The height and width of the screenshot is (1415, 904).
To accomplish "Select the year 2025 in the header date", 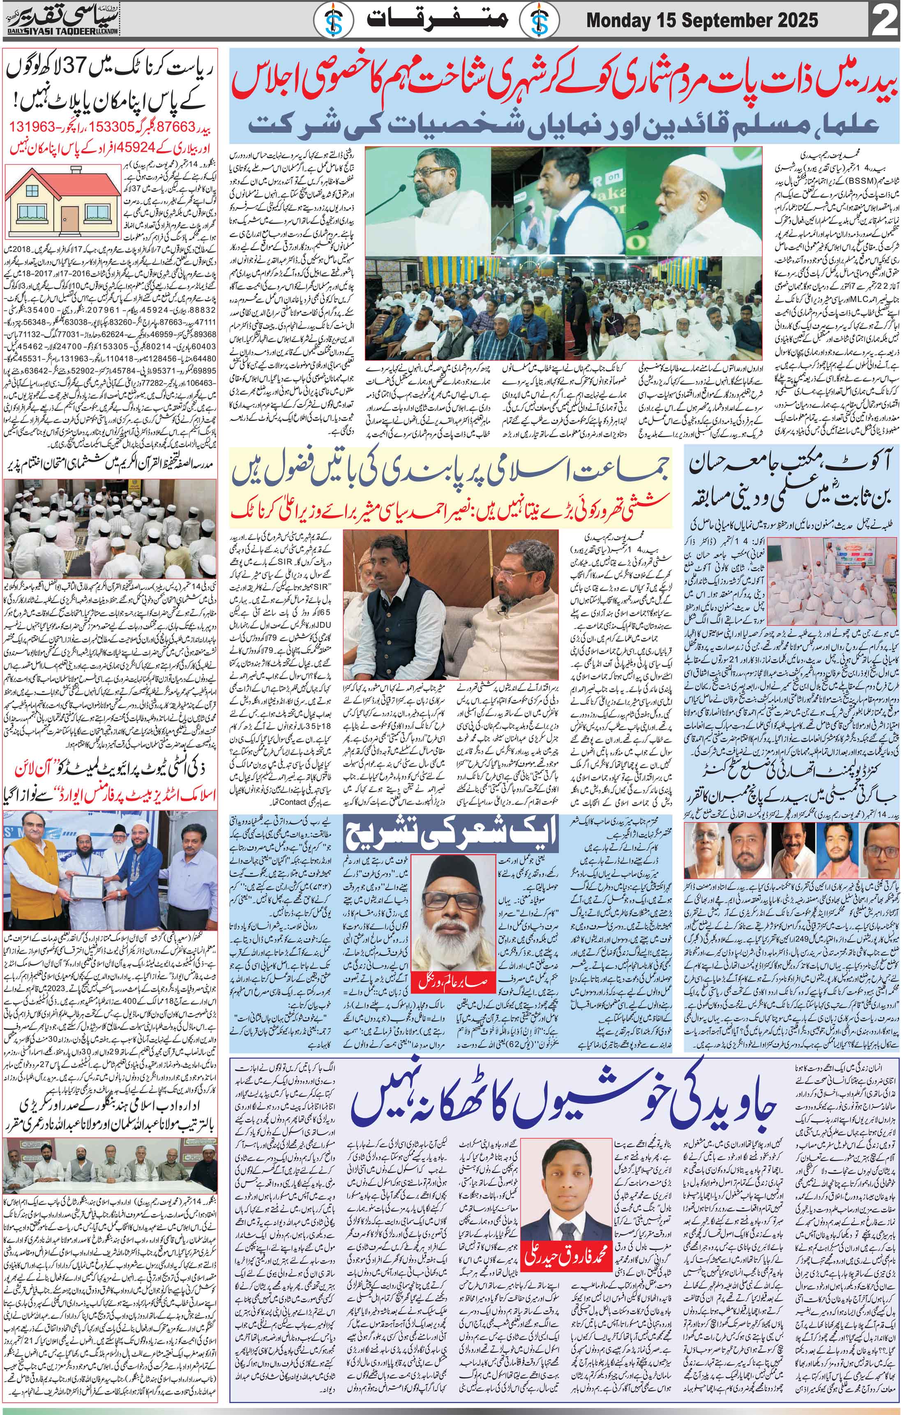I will [x=791, y=21].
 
